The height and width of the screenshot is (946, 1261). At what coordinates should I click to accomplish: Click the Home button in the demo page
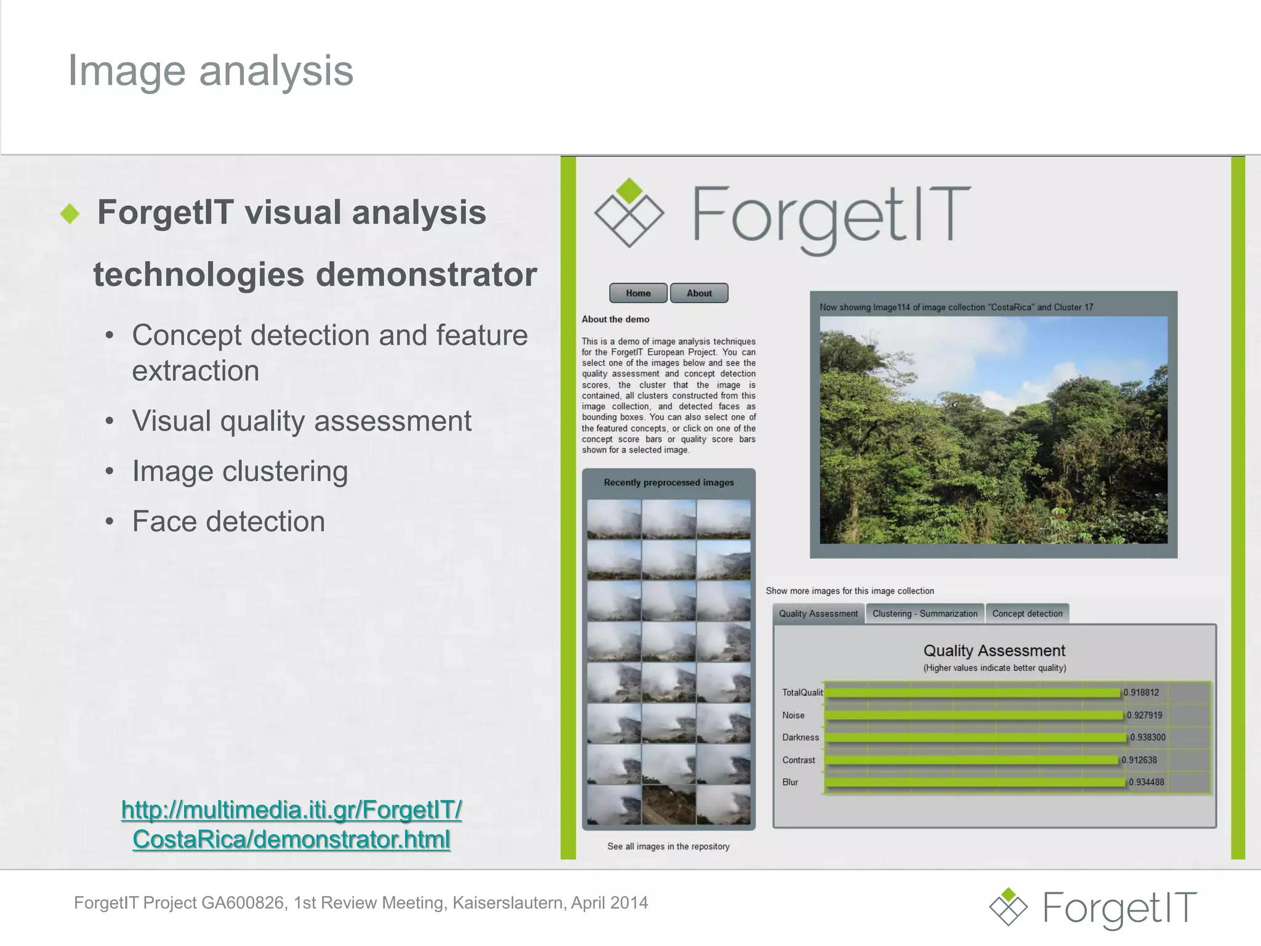point(638,293)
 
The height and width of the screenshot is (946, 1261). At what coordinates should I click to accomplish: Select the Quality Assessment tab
point(818,613)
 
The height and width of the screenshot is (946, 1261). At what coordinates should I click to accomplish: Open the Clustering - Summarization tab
point(924,613)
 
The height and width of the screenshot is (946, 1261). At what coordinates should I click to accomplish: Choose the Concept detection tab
point(1027,613)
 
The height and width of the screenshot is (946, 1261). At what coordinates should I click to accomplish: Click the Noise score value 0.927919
point(1144,715)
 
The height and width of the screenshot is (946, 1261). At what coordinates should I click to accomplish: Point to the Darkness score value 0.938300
point(1147,737)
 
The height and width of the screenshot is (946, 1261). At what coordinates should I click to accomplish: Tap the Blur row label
point(790,782)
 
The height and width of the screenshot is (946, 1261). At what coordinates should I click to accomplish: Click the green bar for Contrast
point(971,760)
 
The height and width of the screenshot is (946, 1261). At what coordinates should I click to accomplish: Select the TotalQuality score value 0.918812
point(1141,692)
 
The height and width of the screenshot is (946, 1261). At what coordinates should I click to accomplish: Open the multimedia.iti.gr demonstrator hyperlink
point(291,824)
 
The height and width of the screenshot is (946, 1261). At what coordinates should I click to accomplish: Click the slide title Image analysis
point(210,70)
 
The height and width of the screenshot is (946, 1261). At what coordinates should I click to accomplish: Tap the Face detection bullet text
point(228,522)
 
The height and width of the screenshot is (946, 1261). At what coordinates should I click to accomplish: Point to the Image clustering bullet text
point(240,472)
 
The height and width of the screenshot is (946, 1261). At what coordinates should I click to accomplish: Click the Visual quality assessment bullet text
point(301,421)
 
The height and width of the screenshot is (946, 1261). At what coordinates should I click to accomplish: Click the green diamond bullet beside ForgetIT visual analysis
point(70,214)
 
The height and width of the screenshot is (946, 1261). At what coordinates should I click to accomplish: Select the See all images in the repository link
point(668,846)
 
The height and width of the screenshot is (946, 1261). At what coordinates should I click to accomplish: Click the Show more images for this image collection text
point(850,591)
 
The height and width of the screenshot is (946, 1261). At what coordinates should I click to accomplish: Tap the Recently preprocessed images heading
point(669,482)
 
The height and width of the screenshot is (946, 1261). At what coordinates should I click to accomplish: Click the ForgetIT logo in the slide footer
point(1093,907)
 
